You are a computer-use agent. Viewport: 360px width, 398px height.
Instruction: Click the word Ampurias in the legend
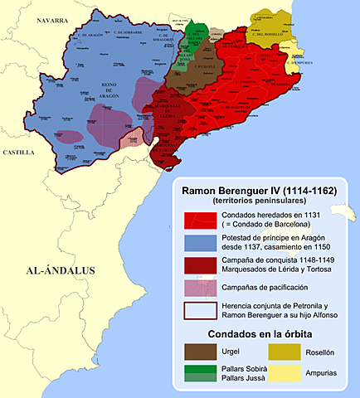tap(321, 374)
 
